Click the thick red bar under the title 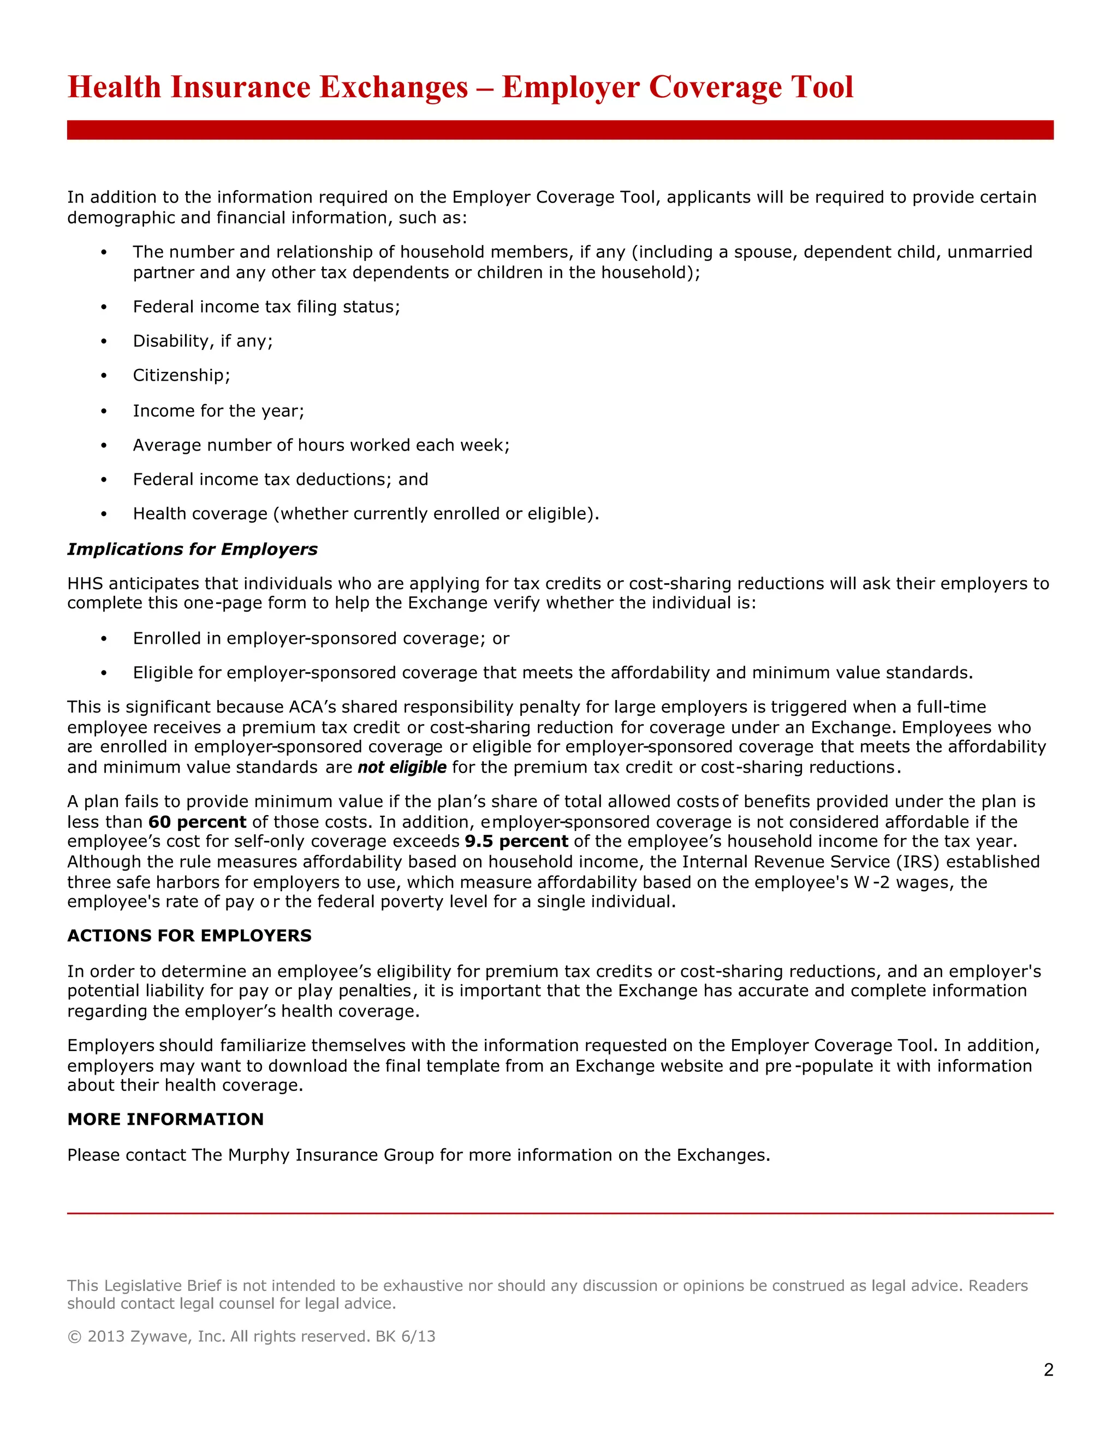[560, 130]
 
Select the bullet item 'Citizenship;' [181, 376]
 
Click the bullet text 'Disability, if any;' [203, 341]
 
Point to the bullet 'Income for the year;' [218, 411]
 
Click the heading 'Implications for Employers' [192, 549]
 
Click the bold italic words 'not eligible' [401, 767]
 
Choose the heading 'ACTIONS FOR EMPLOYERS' [189, 935]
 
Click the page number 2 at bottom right [1048, 1369]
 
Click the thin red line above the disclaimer [560, 1213]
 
